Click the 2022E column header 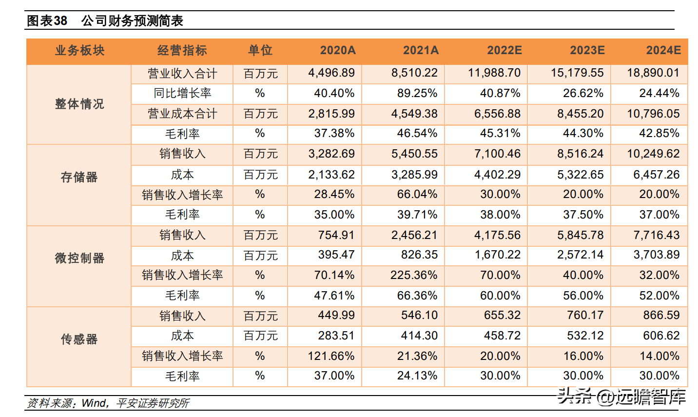(x=504, y=50)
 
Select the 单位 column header (x=260, y=50)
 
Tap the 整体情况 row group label (x=79, y=104)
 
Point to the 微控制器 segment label (x=79, y=258)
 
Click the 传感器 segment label (x=79, y=339)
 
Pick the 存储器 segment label (x=79, y=177)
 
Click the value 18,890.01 (x=653, y=73)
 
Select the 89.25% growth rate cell (x=417, y=93)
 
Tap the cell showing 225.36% (x=414, y=275)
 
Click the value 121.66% (x=331, y=356)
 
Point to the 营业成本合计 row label (x=182, y=114)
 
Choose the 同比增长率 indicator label (x=182, y=93)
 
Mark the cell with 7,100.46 (x=497, y=154)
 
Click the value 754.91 (x=336, y=235)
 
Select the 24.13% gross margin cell (x=417, y=376)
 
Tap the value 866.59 (x=661, y=315)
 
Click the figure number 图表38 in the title (x=47, y=21)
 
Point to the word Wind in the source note (x=94, y=403)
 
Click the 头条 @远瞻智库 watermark (x=621, y=397)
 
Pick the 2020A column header (x=338, y=50)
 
